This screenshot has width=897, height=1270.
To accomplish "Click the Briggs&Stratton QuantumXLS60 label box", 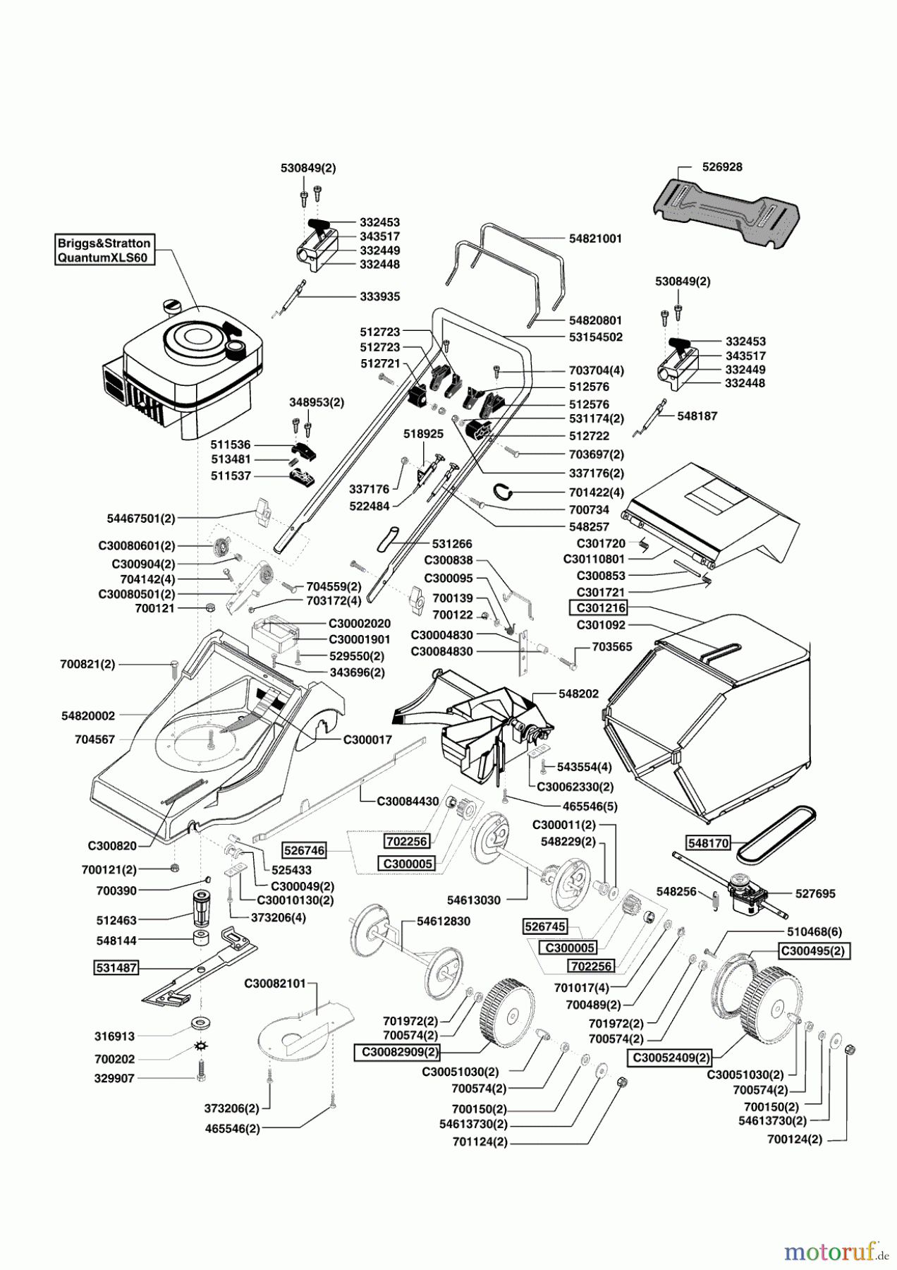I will (x=104, y=250).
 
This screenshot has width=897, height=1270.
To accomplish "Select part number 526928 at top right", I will (x=722, y=168).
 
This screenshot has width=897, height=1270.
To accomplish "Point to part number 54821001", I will (x=595, y=239).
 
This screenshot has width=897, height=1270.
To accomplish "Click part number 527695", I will (x=815, y=893).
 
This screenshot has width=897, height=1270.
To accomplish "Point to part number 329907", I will (x=115, y=1078).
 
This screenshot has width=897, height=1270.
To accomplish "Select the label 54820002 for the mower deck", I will (x=88, y=715).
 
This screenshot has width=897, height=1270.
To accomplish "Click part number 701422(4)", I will (x=596, y=492).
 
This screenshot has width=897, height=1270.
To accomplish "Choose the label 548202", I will (x=578, y=694).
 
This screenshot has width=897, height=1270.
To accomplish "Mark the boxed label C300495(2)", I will (x=814, y=950).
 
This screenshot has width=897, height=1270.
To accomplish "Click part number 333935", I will (x=380, y=297).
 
